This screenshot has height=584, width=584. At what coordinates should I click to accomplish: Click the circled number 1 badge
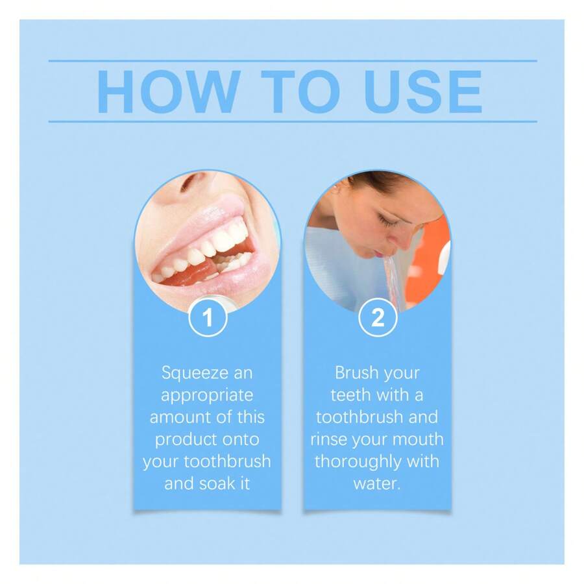click(x=208, y=318)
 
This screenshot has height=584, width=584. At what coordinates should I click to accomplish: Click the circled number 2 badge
click(x=377, y=318)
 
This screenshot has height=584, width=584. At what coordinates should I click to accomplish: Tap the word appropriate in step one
click(x=207, y=395)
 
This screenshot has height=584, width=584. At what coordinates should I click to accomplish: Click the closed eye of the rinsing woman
click(x=387, y=221)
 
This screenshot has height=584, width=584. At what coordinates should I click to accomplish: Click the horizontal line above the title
click(x=292, y=61)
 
